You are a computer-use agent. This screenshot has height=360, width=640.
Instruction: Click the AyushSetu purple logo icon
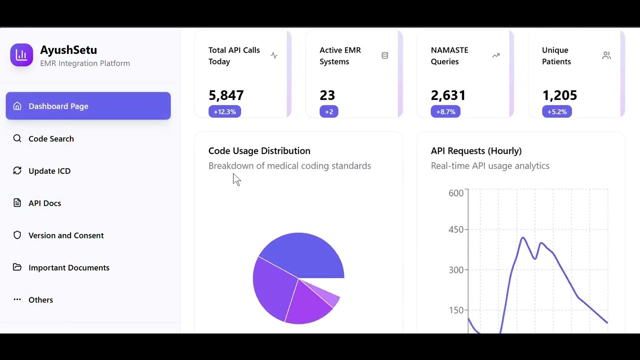[21, 55]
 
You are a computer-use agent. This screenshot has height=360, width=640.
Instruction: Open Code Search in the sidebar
[51, 138]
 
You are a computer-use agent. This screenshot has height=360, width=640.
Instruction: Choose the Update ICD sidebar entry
[49, 171]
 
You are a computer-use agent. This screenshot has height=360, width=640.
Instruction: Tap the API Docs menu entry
[44, 203]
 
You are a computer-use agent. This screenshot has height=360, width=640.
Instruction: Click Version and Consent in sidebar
[66, 235]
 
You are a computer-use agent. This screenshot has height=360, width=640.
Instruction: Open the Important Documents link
[68, 267]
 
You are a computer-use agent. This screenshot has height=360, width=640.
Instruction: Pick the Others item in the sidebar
[40, 300]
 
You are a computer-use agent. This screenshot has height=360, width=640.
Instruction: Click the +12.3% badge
[225, 111]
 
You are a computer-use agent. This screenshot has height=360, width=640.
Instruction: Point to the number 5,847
[226, 95]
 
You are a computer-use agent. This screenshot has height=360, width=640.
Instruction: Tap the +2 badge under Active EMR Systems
[329, 111]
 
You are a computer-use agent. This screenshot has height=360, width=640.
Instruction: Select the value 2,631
[448, 95]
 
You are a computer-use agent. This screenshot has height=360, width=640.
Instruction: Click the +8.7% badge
[445, 111]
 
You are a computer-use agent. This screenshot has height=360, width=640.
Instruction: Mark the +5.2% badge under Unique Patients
[556, 111]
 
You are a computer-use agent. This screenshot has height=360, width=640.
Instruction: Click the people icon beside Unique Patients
[606, 55]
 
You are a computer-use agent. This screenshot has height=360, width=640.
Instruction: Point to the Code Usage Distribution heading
[259, 150]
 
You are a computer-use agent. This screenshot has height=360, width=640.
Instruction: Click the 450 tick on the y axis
[456, 229]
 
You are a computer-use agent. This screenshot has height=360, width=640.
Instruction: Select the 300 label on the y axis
[456, 270]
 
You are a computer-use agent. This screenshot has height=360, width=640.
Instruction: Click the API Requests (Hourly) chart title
[476, 150]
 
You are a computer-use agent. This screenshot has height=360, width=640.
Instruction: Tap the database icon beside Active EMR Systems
[385, 55]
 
